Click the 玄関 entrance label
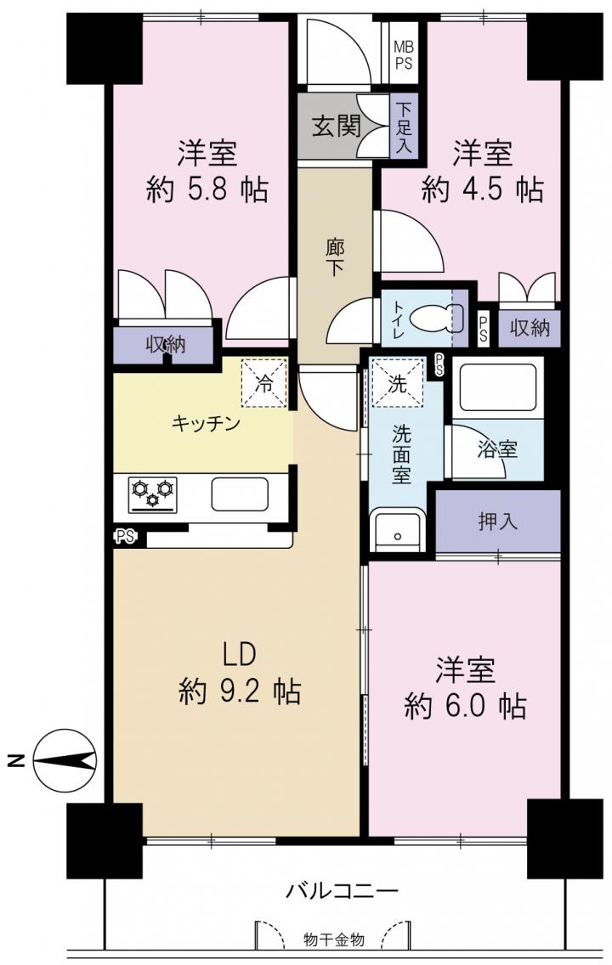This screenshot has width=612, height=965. pos(336,127)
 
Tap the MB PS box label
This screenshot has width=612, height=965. pos(404,54)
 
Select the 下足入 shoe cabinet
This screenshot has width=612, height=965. pos(405,127)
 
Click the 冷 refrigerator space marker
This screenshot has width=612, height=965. pos(264,383)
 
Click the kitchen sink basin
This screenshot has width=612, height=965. pos(240,494)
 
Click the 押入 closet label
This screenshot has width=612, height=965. pos(497,522)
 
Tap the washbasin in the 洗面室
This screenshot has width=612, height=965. pos(398,531)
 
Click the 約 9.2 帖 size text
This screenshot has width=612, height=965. pos(240,691)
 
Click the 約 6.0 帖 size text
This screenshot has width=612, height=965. pos(465,706)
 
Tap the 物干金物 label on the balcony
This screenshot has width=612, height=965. pos(334,940)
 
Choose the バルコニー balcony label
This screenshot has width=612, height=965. pos(343,890)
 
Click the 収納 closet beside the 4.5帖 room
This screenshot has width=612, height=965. pos(530,328)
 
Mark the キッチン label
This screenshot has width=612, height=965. pos(206,423)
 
